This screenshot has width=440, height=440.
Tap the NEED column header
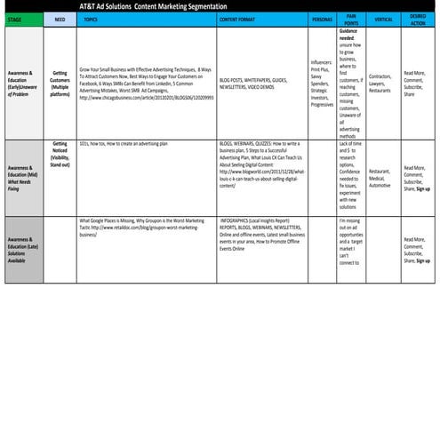60,18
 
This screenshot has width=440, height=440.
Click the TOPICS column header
90,18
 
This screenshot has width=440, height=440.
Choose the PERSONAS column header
322,18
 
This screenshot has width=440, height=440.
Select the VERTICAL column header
383,18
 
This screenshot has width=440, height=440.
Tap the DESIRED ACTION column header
417,18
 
